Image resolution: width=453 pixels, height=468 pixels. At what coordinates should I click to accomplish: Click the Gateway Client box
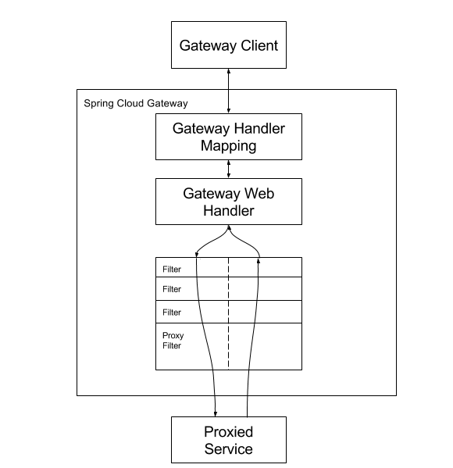229,45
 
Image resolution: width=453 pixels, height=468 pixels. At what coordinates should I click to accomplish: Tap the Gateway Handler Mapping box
229,137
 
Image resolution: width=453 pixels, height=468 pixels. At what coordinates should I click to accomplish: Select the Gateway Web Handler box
229,202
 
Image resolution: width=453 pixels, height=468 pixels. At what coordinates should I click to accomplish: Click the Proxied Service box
229,440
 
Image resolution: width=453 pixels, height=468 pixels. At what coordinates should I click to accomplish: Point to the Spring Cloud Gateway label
136,104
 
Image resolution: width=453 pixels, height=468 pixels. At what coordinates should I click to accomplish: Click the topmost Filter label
172,270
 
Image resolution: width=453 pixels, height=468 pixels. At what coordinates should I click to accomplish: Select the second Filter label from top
172,289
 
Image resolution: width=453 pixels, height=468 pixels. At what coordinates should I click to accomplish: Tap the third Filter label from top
172,313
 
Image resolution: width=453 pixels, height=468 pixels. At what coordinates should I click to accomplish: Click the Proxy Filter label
173,341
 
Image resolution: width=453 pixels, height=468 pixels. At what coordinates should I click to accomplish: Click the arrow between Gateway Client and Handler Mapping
229,91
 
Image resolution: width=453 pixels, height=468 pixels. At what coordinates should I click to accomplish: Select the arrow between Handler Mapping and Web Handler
229,170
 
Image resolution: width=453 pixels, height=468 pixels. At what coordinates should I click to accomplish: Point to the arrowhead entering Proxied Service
215,413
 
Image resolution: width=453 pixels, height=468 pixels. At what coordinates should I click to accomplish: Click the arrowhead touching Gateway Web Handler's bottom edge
229,227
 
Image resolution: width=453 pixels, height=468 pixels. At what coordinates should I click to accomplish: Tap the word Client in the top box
259,45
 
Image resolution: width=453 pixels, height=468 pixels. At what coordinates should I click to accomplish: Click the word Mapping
229,146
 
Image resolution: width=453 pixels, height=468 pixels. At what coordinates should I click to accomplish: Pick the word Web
259,194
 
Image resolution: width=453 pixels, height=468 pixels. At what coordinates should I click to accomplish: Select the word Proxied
229,432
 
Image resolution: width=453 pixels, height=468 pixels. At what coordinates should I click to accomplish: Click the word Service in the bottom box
229,449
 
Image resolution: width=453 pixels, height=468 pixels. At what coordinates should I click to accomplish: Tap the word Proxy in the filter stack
173,336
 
